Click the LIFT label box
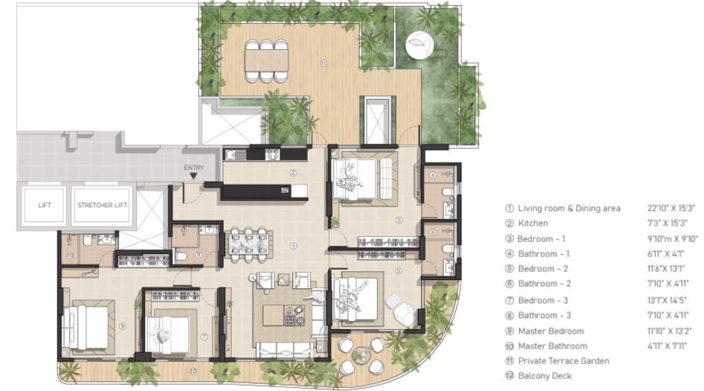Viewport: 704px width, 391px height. pos(44,204)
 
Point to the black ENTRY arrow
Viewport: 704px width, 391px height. pos(194,177)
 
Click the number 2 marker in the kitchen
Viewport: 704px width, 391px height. pos(294,173)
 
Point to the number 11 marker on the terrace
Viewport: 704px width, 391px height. pos(323,64)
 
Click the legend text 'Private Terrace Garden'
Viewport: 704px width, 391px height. pos(563,361)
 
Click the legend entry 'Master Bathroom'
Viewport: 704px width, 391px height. pos(553,346)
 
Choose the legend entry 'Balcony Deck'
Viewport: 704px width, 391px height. pos(545,376)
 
